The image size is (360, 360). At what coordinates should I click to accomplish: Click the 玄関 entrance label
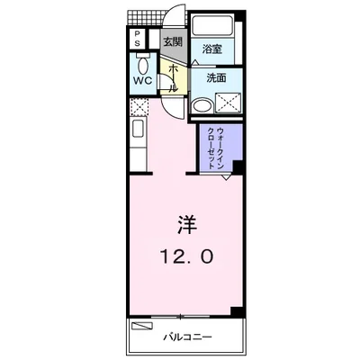(x=172, y=41)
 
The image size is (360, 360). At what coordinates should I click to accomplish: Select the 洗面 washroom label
(x=216, y=78)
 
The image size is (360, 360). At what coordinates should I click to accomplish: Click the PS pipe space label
(x=138, y=40)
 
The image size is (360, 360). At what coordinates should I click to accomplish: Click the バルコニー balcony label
(x=186, y=337)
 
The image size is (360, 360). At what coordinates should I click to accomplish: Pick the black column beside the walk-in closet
(x=238, y=167)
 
